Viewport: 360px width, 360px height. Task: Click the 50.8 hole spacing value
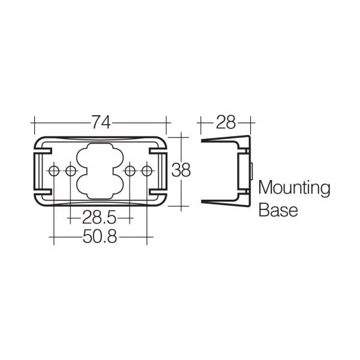point(100,238)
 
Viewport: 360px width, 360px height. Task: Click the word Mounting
point(294,189)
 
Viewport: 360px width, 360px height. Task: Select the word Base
point(278,211)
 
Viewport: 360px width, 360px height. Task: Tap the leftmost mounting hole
point(55,172)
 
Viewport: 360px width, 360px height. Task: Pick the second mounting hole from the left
point(71,172)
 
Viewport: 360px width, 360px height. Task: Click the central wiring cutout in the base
point(100,172)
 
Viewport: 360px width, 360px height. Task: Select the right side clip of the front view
point(162,172)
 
